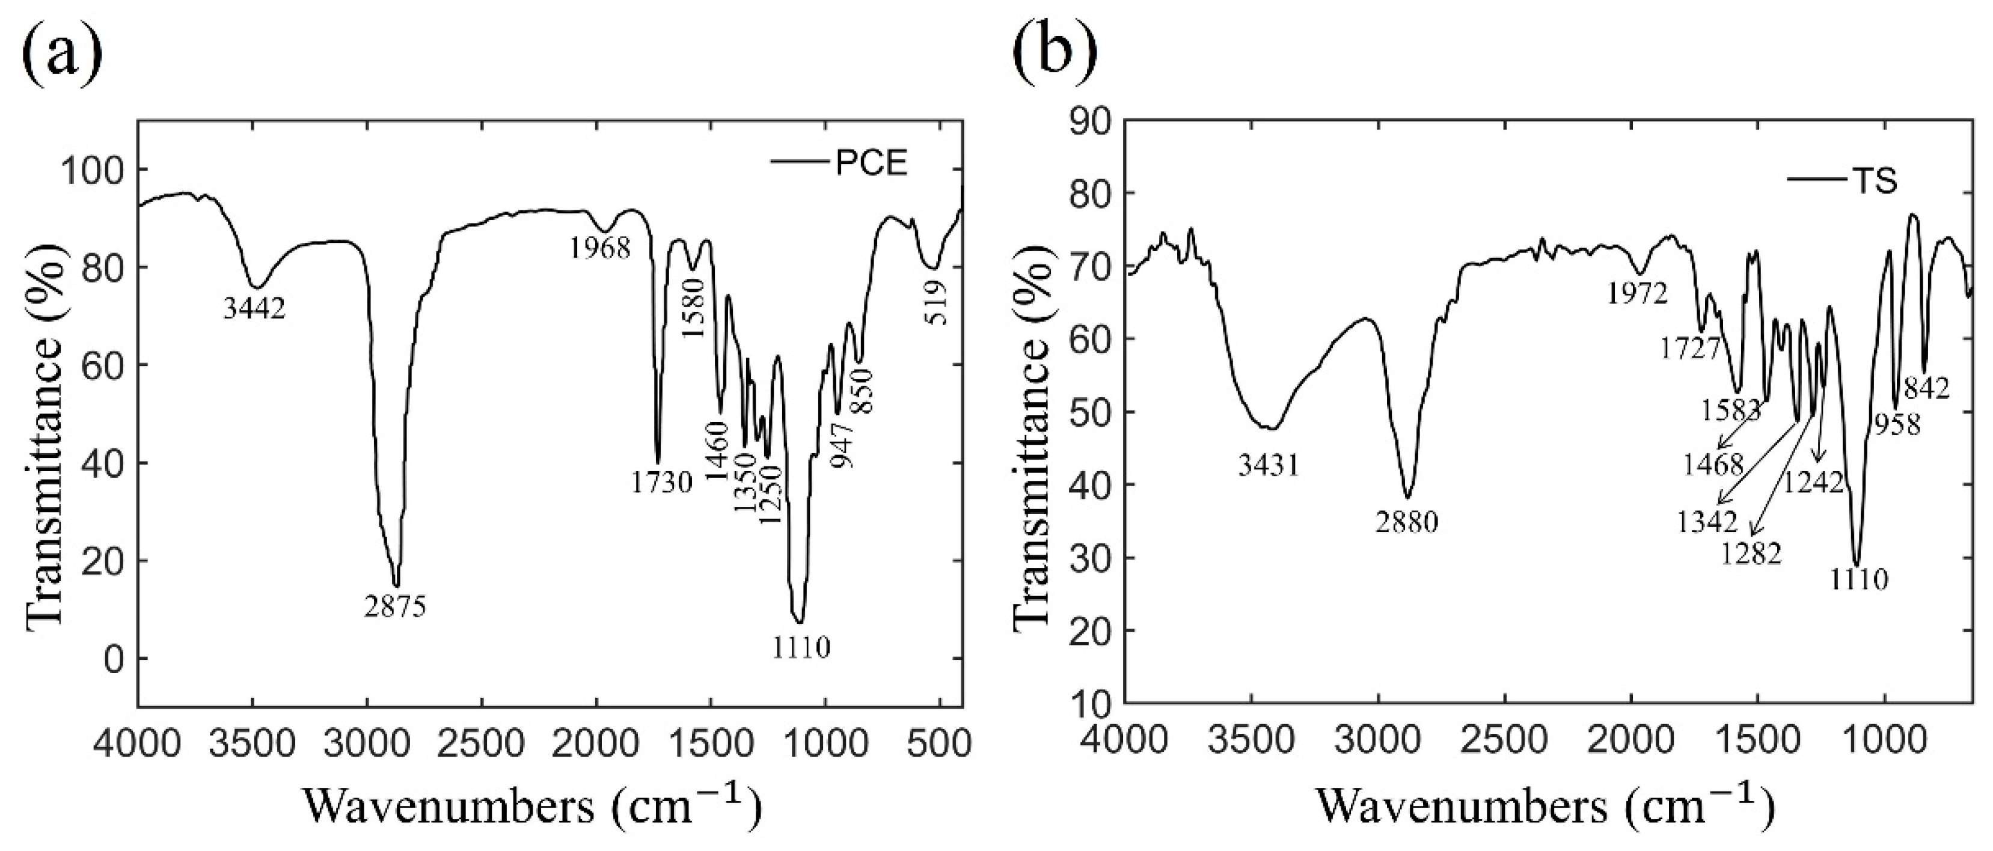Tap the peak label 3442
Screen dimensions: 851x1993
[x=254, y=310]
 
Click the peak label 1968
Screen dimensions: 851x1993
[x=601, y=248]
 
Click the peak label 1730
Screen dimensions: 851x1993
[x=660, y=484]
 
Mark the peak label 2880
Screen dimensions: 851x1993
[x=1407, y=523]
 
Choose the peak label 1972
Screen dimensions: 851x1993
[x=1636, y=294]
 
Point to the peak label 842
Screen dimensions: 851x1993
[x=1926, y=388]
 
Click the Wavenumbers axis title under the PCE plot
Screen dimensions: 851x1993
[x=532, y=808]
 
